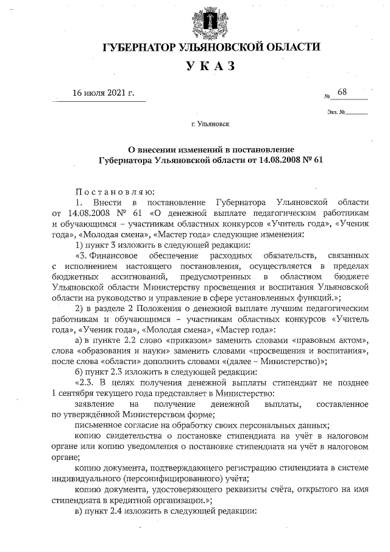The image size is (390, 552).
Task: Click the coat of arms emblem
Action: (210, 20)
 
